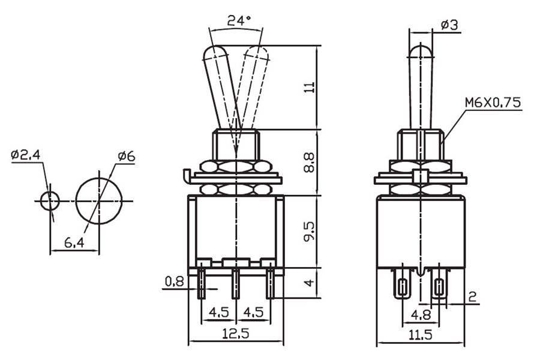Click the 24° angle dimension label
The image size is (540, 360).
point(238,20)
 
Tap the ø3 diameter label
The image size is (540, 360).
point(449,25)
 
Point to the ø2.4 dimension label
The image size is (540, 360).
point(25,155)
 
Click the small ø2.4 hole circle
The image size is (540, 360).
point(50,200)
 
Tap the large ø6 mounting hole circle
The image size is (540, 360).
point(98,200)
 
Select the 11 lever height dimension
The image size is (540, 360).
point(309,87)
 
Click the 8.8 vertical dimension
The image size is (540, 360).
point(309,162)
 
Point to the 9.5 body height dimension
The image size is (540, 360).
point(309,230)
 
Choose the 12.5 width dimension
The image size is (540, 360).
point(235,334)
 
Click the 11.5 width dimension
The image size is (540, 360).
point(420,334)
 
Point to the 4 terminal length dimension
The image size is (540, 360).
point(309,282)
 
